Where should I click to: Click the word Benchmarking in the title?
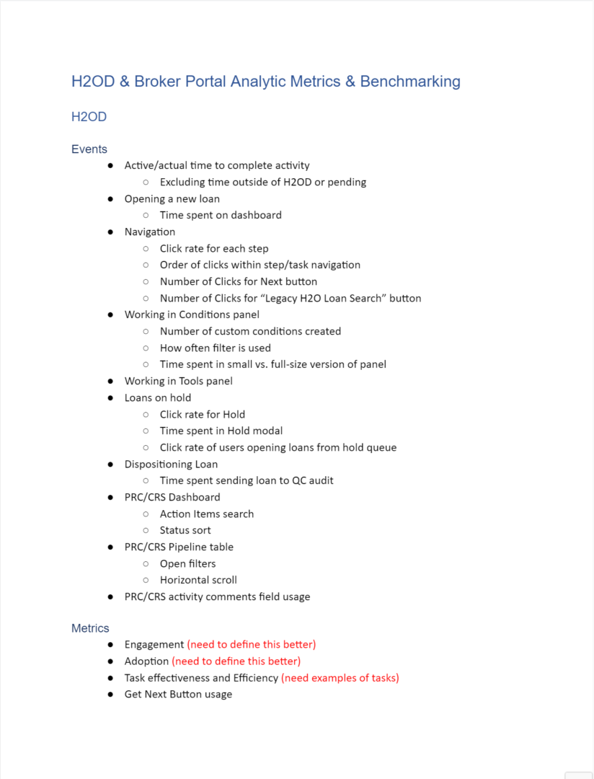pyautogui.click(x=409, y=82)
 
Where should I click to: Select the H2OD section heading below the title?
pyautogui.click(x=89, y=117)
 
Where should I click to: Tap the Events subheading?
pyautogui.click(x=89, y=149)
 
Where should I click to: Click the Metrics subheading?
pyautogui.click(x=90, y=628)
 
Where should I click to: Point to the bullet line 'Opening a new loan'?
pyautogui.click(x=172, y=199)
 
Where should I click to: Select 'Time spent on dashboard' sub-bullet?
pyautogui.click(x=221, y=215)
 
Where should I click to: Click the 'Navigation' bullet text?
pyautogui.click(x=149, y=232)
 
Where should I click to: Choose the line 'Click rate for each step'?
pyautogui.click(x=214, y=249)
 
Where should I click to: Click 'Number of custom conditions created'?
pyautogui.click(x=250, y=332)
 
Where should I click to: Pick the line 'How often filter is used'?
pyautogui.click(x=216, y=348)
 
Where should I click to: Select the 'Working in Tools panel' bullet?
pyautogui.click(x=178, y=382)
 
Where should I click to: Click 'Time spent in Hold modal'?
pyautogui.click(x=221, y=431)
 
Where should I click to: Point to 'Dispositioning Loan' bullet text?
pyautogui.click(x=171, y=465)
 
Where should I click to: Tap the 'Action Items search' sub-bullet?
pyautogui.click(x=207, y=514)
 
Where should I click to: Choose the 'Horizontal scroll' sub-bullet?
pyautogui.click(x=198, y=581)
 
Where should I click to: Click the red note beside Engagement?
pyautogui.click(x=251, y=645)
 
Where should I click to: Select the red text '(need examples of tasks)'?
pyautogui.click(x=340, y=678)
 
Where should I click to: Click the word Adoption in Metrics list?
pyautogui.click(x=146, y=661)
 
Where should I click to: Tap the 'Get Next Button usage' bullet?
pyautogui.click(x=178, y=695)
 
